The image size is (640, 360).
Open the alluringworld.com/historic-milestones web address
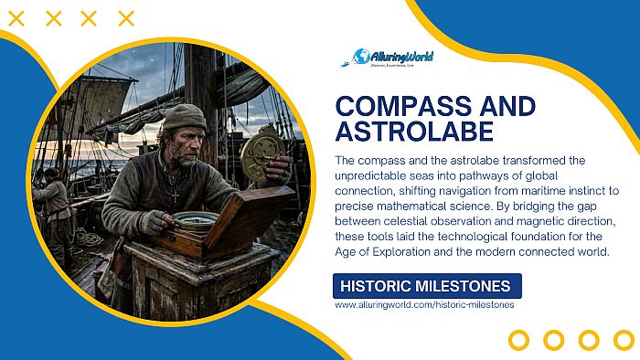point(424,305)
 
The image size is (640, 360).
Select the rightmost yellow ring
point(622,340)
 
